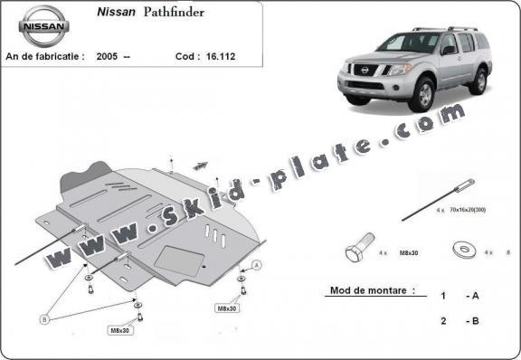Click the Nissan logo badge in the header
[x=44, y=26]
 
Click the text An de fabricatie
[x=45, y=56]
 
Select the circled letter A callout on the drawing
[x=257, y=265]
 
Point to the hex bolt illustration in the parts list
[x=357, y=251]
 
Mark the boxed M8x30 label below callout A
[x=226, y=308]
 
